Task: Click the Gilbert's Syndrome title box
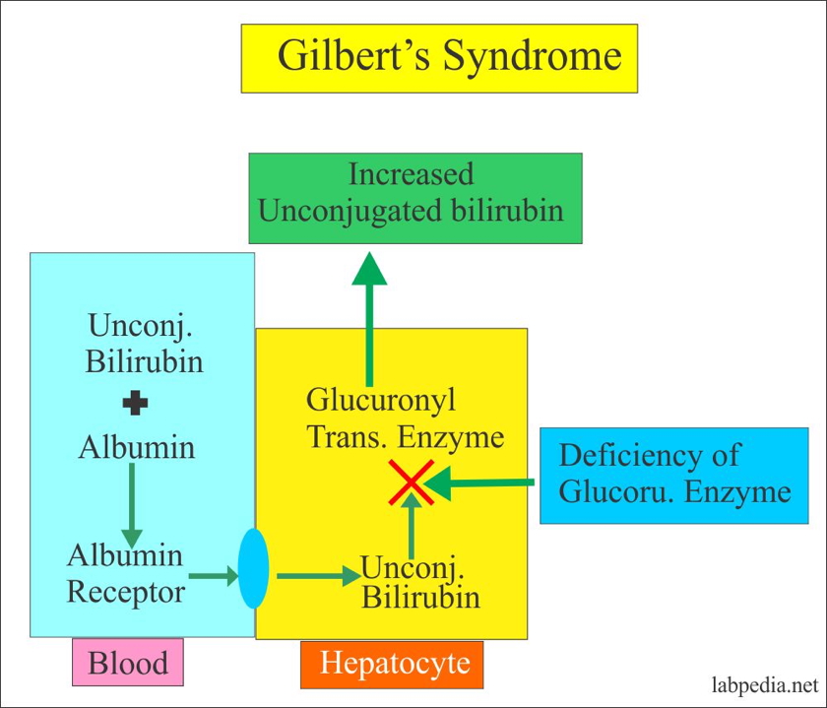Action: pyautogui.click(x=439, y=57)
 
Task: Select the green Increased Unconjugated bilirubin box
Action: pyautogui.click(x=414, y=198)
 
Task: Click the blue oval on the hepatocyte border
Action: pyautogui.click(x=253, y=568)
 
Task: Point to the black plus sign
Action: pyautogui.click(x=136, y=404)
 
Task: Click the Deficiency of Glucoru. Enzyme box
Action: pyautogui.click(x=674, y=475)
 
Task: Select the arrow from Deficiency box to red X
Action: pyautogui.click(x=482, y=483)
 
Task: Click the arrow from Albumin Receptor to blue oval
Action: pyautogui.click(x=213, y=575)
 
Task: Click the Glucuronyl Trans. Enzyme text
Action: pyautogui.click(x=405, y=418)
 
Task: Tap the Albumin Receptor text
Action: pyautogui.click(x=125, y=573)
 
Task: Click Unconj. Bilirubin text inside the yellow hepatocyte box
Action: pyautogui.click(x=420, y=582)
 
